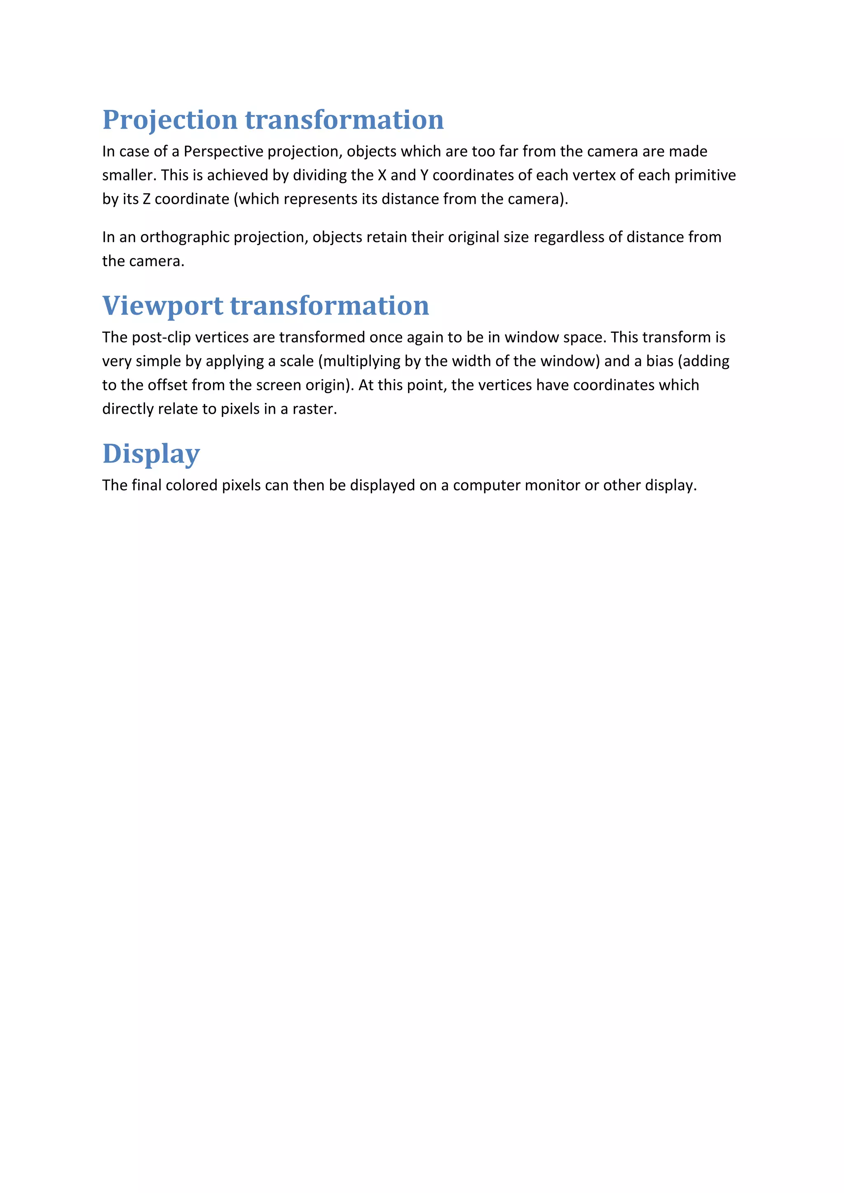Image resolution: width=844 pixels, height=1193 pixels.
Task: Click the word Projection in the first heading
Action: [x=170, y=120]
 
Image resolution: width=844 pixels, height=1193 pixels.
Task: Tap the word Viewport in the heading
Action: [x=163, y=306]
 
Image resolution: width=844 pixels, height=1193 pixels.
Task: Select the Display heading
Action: [x=151, y=454]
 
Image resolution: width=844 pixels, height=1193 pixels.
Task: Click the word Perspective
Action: [x=223, y=151]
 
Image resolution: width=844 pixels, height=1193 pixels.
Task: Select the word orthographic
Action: [x=185, y=237]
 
